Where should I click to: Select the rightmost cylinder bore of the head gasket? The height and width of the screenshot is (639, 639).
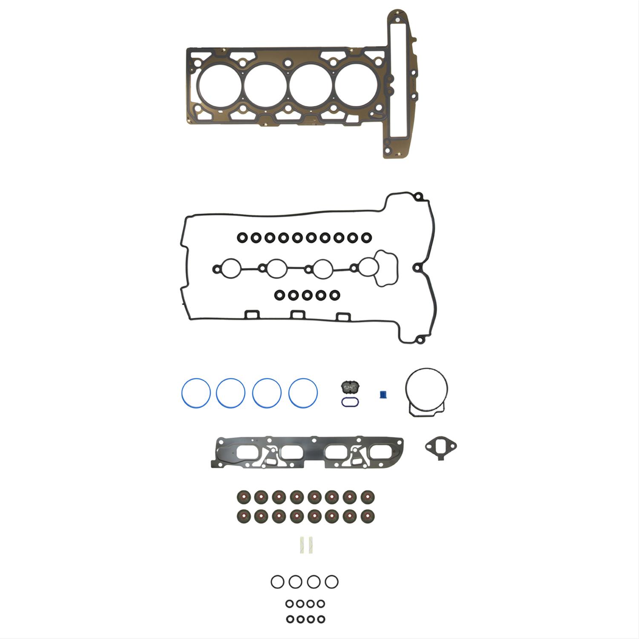tap(357, 85)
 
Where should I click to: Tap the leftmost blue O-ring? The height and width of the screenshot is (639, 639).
tap(196, 392)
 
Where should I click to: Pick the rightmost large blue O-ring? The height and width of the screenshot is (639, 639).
tap(303, 392)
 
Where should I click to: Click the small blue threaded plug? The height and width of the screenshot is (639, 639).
tap(383, 394)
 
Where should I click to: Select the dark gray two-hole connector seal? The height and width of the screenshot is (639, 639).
tap(350, 387)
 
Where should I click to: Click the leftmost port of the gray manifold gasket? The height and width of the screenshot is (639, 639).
tap(248, 453)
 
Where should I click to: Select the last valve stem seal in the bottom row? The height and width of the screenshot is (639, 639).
tap(367, 516)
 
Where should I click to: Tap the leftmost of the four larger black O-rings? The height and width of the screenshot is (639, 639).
tap(277, 581)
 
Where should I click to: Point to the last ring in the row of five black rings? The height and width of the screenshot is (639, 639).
tap(335, 295)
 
